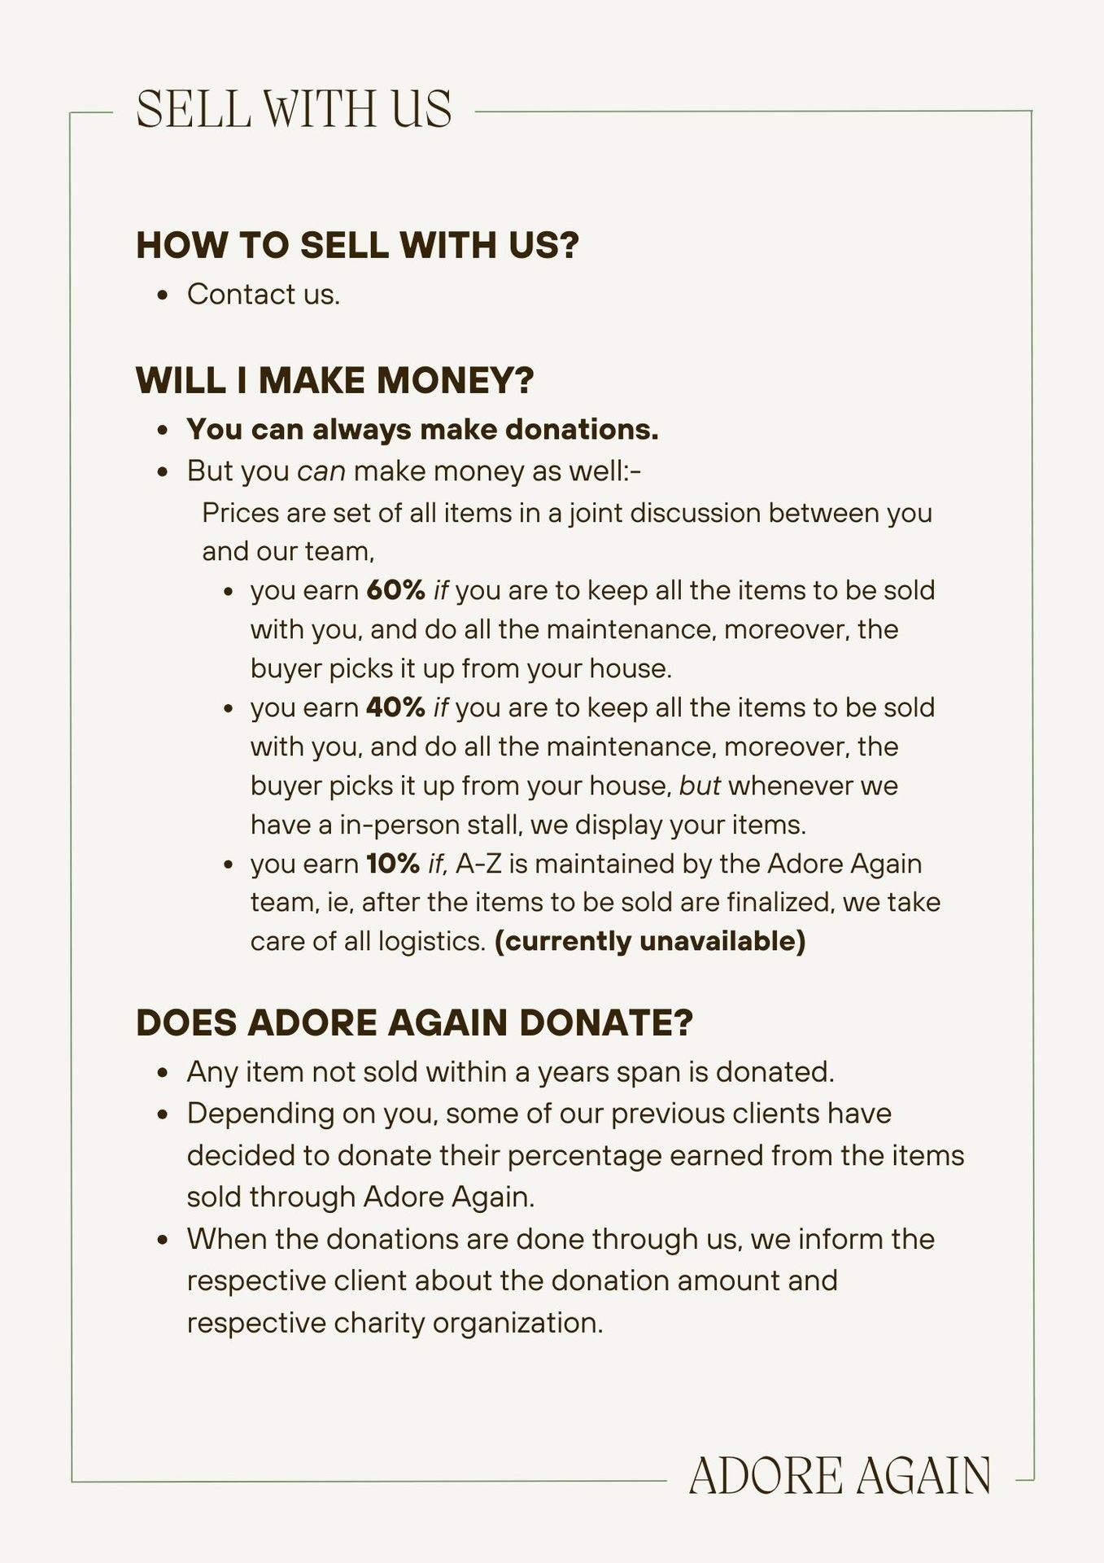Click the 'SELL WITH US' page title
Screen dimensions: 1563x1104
pos(294,109)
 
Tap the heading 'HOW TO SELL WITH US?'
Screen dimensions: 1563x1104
pos(357,245)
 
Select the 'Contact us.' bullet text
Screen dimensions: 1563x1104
pos(263,294)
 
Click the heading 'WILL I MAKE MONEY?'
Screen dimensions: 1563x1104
pos(334,380)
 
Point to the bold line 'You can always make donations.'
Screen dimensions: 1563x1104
pos(422,429)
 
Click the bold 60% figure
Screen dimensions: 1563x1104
pos(395,590)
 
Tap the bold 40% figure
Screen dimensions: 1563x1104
pos(395,707)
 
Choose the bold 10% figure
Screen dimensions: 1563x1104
pos(393,864)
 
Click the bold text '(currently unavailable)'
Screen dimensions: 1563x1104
pos(649,941)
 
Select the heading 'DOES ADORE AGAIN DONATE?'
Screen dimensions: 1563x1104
pos(414,1022)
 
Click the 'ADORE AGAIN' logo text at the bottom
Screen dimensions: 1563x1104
pos(840,1476)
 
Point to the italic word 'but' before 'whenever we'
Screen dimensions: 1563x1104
pos(700,786)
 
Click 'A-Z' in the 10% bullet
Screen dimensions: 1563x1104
pos(479,864)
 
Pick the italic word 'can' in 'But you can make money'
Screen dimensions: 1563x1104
pos(321,471)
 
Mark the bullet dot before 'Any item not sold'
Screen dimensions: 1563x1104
pos(164,1073)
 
